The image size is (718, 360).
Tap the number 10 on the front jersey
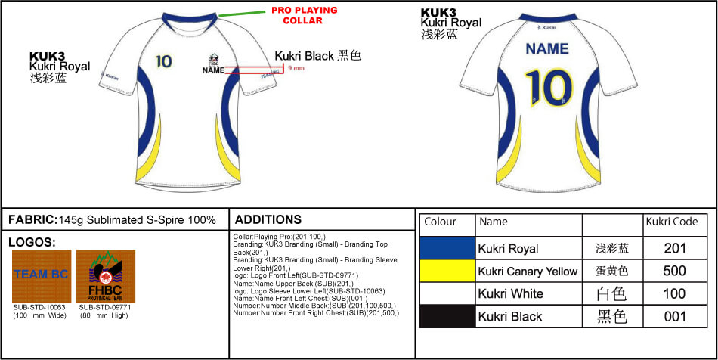pos(163,61)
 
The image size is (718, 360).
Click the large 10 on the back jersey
pos(546,88)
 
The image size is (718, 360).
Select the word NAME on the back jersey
pos(546,49)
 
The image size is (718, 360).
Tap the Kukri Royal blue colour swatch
pos(447,248)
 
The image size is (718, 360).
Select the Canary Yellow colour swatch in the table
pos(447,271)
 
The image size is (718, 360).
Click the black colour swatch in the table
pos(447,316)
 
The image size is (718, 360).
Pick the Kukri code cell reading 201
pos(674,248)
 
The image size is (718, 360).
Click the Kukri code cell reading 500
pos(674,271)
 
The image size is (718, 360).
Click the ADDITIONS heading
pos(268,219)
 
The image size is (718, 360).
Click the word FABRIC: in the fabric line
pos(32,220)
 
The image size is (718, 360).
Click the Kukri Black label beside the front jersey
pos(318,56)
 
